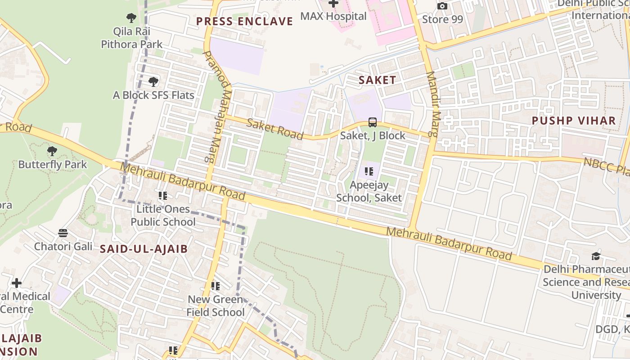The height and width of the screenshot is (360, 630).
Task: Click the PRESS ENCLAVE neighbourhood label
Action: (244, 21)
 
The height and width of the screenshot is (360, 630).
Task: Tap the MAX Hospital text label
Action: (333, 16)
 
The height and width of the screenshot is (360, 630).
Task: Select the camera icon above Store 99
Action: (442, 6)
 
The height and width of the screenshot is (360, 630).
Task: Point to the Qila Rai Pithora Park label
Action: (131, 38)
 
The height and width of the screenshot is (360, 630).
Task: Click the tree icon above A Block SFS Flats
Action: (153, 82)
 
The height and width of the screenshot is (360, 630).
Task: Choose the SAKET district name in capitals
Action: (377, 81)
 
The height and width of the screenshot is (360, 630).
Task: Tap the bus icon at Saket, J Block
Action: (373, 122)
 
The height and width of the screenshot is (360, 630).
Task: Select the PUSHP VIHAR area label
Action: (574, 121)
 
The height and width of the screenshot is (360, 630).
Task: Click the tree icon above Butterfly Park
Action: (52, 151)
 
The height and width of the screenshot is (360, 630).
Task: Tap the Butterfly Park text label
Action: (53, 164)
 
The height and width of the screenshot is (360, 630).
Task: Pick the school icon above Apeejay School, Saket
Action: (369, 171)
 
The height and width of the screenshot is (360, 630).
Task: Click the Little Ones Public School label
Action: (163, 216)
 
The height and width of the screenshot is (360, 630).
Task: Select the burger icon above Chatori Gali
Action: (63, 233)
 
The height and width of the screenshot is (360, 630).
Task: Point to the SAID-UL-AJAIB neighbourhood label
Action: (144, 249)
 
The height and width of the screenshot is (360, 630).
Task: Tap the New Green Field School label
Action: (216, 306)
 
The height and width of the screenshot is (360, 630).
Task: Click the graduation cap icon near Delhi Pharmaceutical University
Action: (596, 256)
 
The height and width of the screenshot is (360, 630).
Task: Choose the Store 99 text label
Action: (442, 19)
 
